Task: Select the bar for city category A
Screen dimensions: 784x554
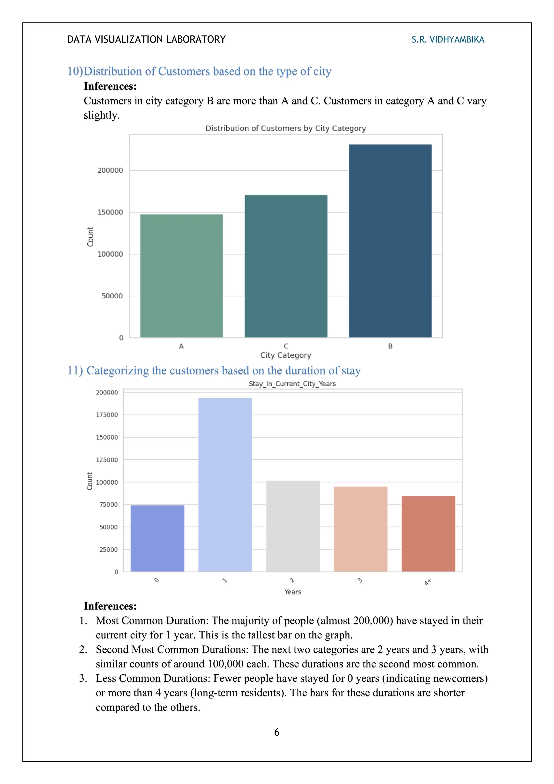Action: click(x=182, y=276)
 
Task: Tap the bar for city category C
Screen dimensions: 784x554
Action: click(x=286, y=266)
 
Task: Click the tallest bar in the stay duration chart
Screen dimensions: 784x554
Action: click(x=225, y=485)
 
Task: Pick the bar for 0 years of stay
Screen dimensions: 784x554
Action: click(x=157, y=538)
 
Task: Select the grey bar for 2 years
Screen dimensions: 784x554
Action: click(x=293, y=526)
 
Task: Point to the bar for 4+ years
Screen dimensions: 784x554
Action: click(x=428, y=533)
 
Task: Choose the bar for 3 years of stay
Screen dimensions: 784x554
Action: click(x=361, y=529)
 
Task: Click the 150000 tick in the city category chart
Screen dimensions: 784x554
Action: click(x=110, y=213)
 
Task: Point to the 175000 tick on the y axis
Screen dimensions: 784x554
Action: click(x=107, y=415)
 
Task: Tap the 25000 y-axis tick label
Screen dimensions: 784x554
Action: click(x=108, y=549)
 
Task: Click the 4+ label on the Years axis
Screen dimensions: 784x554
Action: click(x=428, y=582)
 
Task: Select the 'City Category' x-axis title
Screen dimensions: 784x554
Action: click(x=286, y=355)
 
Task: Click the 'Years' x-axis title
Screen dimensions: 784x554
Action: click(x=293, y=592)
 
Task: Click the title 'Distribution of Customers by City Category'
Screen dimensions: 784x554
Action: click(x=286, y=128)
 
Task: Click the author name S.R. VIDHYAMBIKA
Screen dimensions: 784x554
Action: click(x=448, y=40)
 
